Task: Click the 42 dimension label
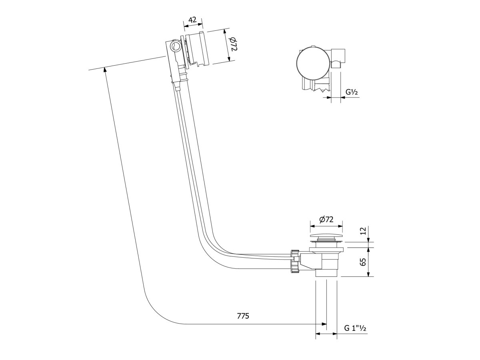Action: (192, 20)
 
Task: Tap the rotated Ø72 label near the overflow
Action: (234, 47)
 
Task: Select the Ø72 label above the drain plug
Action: (326, 219)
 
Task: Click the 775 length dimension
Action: (243, 316)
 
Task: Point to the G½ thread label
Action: (352, 92)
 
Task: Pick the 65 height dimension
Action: (362, 262)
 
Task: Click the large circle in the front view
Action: (313, 62)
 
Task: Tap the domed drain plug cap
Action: (326, 237)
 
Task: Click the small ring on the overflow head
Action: (175, 46)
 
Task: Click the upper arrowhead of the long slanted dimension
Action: (105, 70)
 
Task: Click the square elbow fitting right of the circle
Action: (338, 58)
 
